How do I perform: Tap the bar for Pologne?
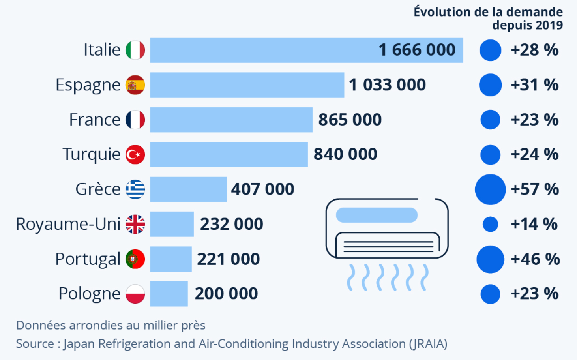(169, 294)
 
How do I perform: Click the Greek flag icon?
(135, 189)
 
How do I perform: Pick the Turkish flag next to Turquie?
(135, 154)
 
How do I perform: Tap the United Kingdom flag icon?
(135, 224)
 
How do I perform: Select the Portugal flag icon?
(135, 259)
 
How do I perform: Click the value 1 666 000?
(417, 50)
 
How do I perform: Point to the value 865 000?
(350, 120)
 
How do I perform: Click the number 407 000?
(262, 189)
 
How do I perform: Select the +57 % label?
(535, 189)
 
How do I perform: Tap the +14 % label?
(534, 224)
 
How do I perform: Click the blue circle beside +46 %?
(491, 259)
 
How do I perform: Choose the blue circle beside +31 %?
(491, 85)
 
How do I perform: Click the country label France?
(95, 120)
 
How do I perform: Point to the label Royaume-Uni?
(68, 224)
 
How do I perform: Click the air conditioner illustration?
(387, 229)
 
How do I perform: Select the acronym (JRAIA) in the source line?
(428, 344)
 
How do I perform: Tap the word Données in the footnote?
(41, 325)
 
